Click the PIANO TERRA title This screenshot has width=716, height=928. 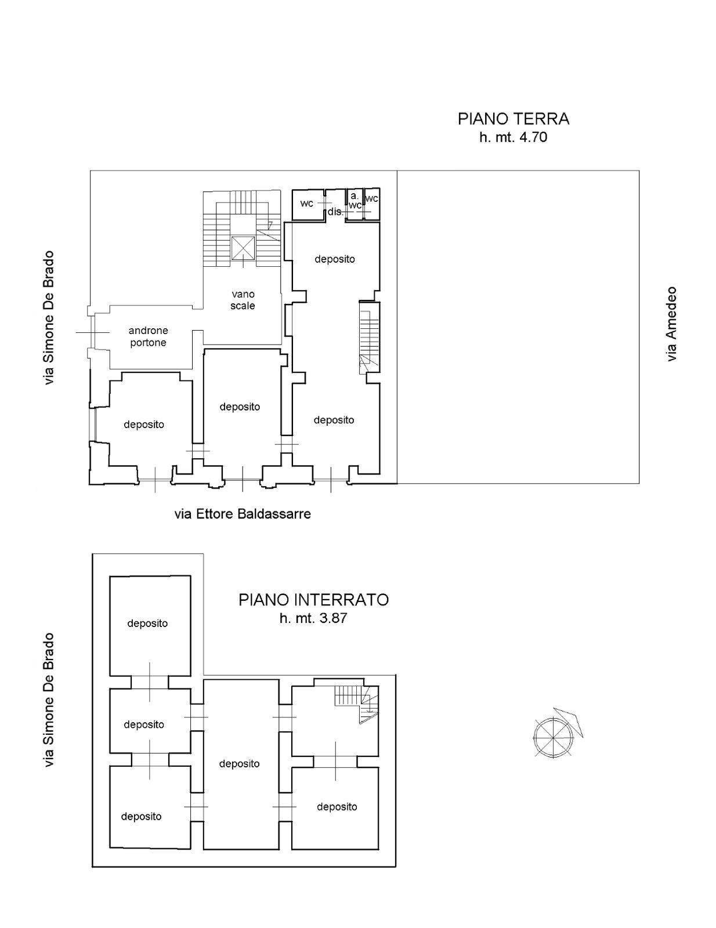click(x=513, y=119)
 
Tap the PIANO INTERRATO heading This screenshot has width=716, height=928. click(x=313, y=600)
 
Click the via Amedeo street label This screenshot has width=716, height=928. click(x=671, y=324)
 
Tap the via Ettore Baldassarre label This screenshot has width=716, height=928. click(x=242, y=514)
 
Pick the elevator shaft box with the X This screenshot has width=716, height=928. click(x=243, y=248)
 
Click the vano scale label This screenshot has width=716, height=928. click(x=243, y=300)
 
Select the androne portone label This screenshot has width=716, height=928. click(x=148, y=336)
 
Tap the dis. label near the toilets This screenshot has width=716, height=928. click(x=335, y=211)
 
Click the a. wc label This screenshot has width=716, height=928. click(x=355, y=201)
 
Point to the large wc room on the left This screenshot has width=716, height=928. click(x=308, y=204)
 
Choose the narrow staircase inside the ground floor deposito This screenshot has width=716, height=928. click(x=369, y=337)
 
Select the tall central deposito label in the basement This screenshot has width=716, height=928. click(x=239, y=763)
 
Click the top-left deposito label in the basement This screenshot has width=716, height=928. click(x=147, y=623)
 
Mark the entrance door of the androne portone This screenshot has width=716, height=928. click(x=92, y=332)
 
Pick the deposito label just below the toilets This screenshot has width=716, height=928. click(x=335, y=259)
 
